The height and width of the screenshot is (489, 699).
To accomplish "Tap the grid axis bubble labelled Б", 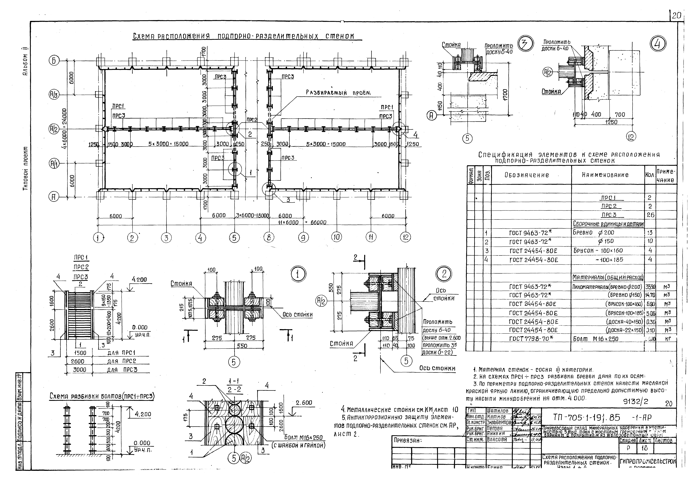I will coord(54,61).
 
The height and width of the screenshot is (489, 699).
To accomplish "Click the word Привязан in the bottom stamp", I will coord(406,440).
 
